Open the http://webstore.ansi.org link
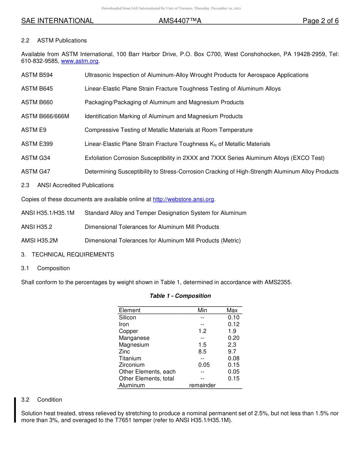coord(183,199)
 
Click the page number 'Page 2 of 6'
coord(320,21)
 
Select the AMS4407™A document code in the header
coord(180,21)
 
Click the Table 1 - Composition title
coord(180,296)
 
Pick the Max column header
coord(232,310)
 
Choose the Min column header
coord(202,310)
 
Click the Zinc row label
coord(124,352)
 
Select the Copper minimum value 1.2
coord(202,331)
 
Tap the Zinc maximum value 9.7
coord(232,352)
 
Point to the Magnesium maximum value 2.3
coord(232,345)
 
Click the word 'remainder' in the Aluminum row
coord(202,385)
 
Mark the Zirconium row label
coord(131,365)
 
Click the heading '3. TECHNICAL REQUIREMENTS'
coord(67,255)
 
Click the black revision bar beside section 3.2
coord(15,410)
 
